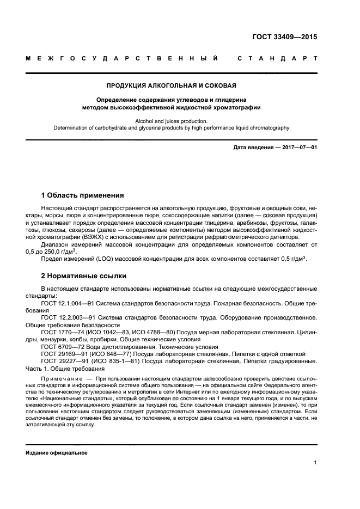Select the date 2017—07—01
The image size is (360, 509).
coord(297,148)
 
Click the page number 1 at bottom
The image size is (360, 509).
coord(315,463)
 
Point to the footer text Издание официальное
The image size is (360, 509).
coord(56,453)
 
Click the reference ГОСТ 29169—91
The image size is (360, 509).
coord(63,354)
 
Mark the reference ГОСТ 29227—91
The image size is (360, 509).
coord(63,361)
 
